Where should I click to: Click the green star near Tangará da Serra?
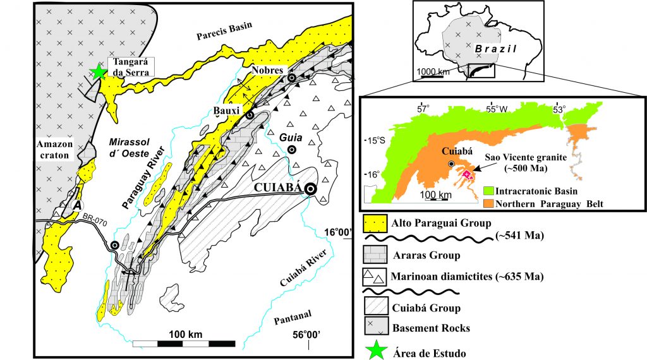[x=98, y=72]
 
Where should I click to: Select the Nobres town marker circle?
[x=292, y=78]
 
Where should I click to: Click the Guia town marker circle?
[x=291, y=149]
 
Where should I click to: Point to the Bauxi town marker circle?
[x=250, y=116]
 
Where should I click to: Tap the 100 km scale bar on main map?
[x=183, y=344]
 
